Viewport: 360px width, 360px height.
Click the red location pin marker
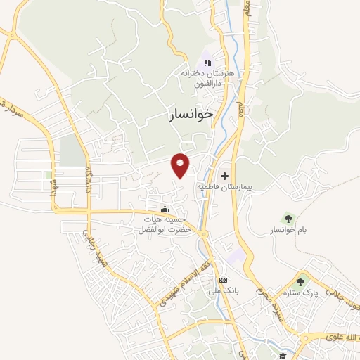181,165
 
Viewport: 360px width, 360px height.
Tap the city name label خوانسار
191,115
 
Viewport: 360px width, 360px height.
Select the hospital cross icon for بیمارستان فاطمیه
224,176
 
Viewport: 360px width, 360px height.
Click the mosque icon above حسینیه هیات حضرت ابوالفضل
165,209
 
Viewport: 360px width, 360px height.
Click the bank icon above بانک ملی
224,280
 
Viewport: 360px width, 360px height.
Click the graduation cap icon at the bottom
282,355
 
